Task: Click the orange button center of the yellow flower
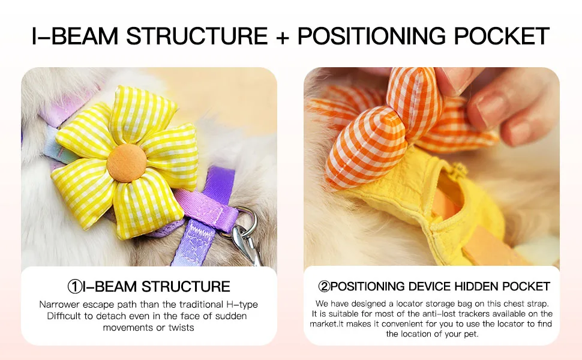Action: click(127, 163)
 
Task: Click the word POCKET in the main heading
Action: click(501, 36)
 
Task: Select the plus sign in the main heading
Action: click(283, 37)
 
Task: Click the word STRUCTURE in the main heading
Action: click(197, 36)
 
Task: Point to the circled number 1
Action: click(74, 287)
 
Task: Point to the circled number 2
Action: click(324, 286)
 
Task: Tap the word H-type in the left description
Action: click(242, 305)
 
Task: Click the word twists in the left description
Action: click(181, 328)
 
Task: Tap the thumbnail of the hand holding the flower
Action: click(431, 166)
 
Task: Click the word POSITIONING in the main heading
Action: click(371, 36)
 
